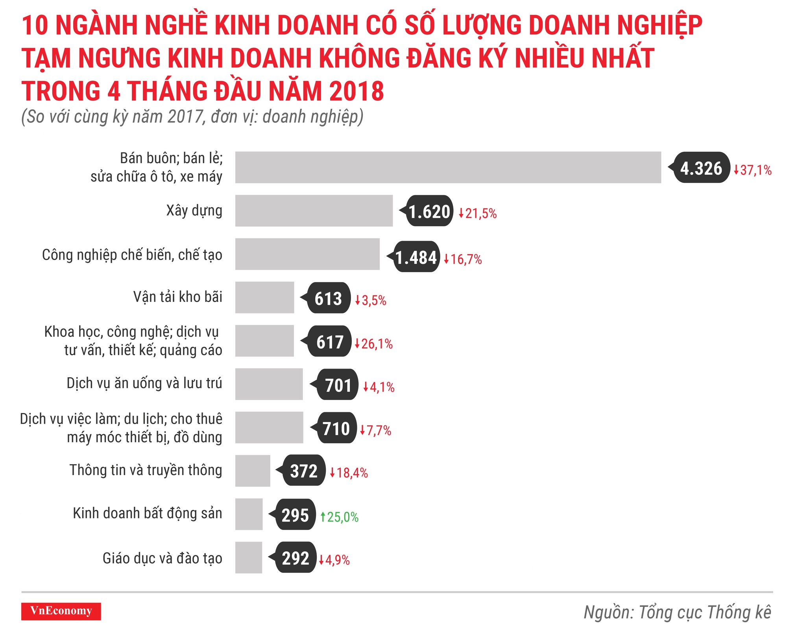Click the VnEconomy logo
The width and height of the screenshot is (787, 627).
(x=61, y=611)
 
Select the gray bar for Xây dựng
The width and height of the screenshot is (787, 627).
(x=314, y=211)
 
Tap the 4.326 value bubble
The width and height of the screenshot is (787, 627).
(x=701, y=168)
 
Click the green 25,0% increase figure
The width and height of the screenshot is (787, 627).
(x=340, y=517)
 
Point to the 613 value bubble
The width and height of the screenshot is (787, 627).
(x=329, y=298)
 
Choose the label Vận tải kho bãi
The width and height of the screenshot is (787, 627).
(x=177, y=297)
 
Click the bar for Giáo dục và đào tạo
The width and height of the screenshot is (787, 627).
(x=249, y=557)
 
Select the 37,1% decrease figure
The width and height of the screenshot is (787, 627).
(x=752, y=170)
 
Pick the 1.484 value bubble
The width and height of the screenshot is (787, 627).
(x=416, y=257)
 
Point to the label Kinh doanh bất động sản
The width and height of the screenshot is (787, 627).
(x=148, y=513)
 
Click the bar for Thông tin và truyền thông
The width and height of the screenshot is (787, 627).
(x=253, y=471)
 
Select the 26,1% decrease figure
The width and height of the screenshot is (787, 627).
(x=374, y=344)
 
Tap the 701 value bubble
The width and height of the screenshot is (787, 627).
(x=338, y=385)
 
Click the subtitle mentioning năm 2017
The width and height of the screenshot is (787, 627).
(x=192, y=117)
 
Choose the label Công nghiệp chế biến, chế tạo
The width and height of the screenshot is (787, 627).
(x=132, y=255)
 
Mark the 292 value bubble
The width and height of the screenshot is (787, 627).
(x=296, y=558)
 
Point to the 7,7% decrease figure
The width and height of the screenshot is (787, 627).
(x=376, y=430)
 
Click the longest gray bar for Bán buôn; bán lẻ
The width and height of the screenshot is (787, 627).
(x=448, y=168)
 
